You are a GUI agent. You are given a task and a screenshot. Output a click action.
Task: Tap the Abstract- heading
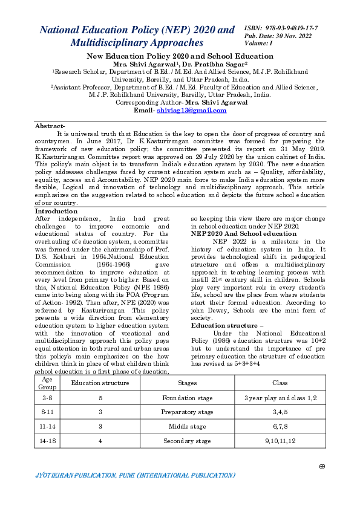click(50, 126)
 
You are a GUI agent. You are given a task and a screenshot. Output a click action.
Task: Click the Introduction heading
click(56, 212)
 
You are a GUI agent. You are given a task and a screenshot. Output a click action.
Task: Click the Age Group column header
click(47, 383)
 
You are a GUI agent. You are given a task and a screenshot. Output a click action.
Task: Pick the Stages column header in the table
click(188, 383)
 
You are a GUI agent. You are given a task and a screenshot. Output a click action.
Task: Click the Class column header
click(280, 383)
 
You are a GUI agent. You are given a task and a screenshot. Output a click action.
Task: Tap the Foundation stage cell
click(188, 398)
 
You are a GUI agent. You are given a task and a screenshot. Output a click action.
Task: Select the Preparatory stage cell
click(188, 412)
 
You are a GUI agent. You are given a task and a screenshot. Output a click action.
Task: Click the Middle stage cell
click(188, 427)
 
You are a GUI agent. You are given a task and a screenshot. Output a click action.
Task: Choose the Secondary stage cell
click(188, 441)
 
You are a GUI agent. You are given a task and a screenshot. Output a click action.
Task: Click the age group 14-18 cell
click(47, 441)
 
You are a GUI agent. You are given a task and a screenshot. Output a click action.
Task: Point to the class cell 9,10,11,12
click(280, 441)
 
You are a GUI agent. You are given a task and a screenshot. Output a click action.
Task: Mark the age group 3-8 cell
click(47, 398)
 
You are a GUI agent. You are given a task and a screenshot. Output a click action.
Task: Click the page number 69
click(321, 466)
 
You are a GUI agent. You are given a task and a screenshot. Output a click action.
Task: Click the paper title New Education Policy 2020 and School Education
click(180, 56)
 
